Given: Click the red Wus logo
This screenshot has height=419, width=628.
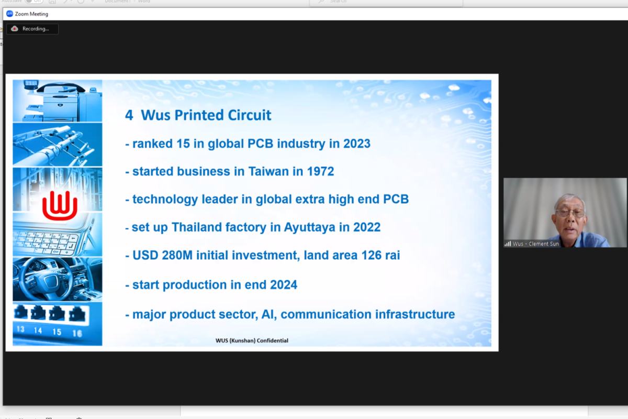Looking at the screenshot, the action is [x=60, y=206].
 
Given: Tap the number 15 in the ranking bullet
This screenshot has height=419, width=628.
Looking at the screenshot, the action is [x=183, y=144].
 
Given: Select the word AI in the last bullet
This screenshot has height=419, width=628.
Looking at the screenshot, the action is [x=269, y=314].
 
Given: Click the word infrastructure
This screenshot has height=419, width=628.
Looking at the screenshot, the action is [x=415, y=314].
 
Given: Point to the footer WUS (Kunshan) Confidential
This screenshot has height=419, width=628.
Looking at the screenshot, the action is [x=252, y=340].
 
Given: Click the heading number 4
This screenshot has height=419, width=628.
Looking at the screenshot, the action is [x=129, y=115].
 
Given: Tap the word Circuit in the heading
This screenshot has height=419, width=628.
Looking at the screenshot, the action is [x=249, y=115].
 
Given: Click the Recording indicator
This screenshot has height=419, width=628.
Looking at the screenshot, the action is [x=32, y=29].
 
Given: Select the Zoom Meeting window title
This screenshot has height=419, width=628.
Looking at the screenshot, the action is [x=31, y=14].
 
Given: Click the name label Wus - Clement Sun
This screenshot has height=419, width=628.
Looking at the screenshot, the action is [x=535, y=244].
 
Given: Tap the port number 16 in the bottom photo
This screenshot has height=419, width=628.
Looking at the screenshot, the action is [x=77, y=333].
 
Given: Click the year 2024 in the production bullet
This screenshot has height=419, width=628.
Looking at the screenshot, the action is [x=284, y=285].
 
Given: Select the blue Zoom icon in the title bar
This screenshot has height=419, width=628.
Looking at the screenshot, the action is [x=9, y=14].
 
